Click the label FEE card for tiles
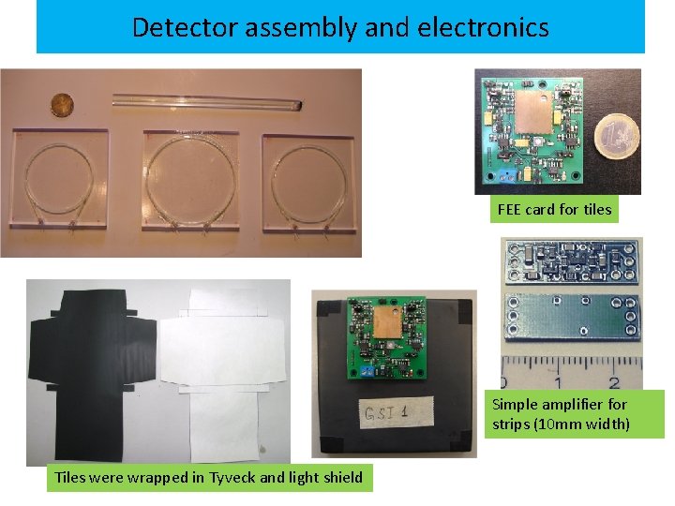[x=555, y=210]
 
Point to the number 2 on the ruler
[x=612, y=382]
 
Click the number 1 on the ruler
[x=559, y=382]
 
